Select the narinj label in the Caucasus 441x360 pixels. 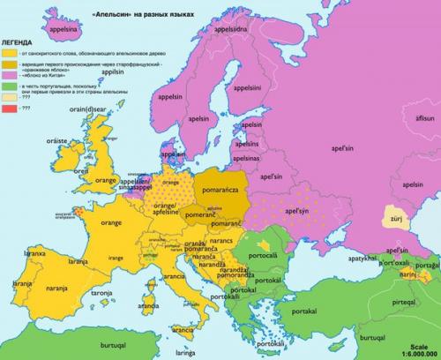[x=406, y=274]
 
